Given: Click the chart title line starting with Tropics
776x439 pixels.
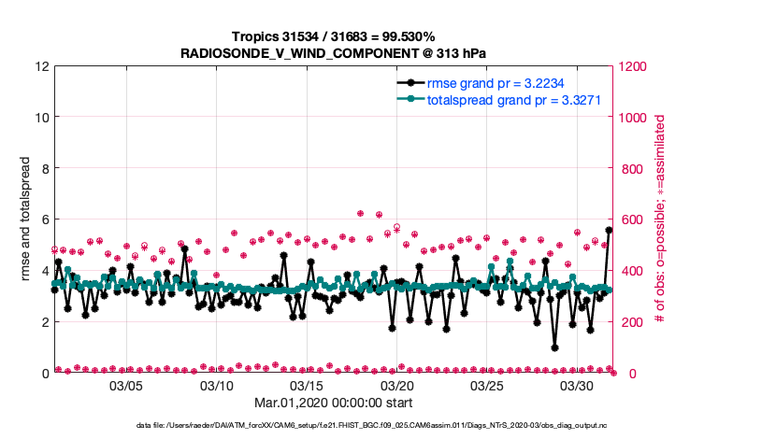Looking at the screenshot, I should [x=333, y=36].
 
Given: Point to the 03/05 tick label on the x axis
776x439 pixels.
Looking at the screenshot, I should [x=126, y=386].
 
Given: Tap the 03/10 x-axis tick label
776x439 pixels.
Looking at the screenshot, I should [x=217, y=386].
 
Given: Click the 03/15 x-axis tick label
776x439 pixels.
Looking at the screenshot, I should [x=307, y=386].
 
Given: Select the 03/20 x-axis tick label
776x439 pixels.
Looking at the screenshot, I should [x=396, y=386].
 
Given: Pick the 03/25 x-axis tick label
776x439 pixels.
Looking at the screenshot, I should [x=487, y=386].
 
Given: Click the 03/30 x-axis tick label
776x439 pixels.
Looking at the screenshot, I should [x=577, y=386].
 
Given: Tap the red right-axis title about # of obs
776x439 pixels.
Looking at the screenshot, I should [x=660, y=220].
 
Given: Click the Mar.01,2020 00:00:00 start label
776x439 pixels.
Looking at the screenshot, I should [x=333, y=403].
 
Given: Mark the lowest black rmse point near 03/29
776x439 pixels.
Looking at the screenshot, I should [x=554, y=347].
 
